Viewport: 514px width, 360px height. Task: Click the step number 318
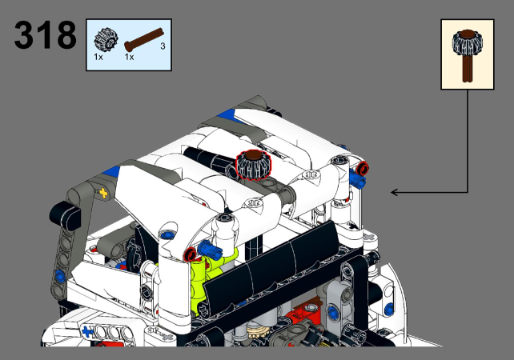46,34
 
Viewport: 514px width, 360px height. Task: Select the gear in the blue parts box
106,40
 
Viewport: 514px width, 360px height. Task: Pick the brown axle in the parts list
144,39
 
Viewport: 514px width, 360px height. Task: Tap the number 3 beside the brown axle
163,46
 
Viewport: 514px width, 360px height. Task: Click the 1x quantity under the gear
98,57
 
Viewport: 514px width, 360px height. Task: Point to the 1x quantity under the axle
129,57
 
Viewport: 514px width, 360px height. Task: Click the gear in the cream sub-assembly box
467,42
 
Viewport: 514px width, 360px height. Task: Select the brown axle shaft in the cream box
467,68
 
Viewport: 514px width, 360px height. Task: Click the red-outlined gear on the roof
253,166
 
